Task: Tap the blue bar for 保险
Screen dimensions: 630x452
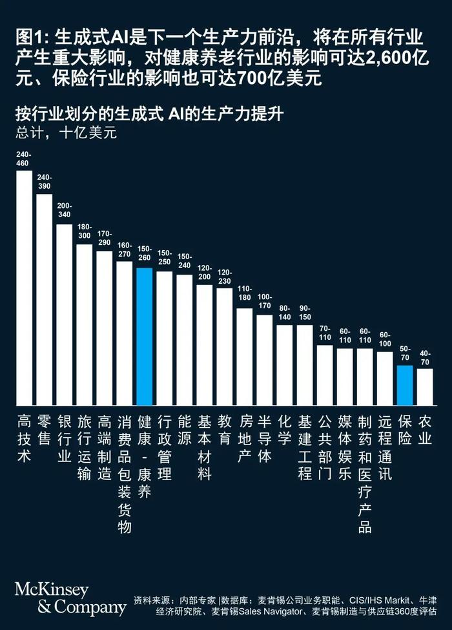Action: pos(404,384)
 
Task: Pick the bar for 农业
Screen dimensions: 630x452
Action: pos(424,385)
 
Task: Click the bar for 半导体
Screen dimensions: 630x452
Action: pos(264,358)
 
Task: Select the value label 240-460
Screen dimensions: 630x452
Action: pos(24,159)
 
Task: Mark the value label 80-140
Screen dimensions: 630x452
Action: pos(284,313)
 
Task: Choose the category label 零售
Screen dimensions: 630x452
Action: pos(44,430)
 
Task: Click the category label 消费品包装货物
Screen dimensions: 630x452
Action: pos(124,474)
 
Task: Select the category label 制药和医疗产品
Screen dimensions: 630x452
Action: pos(364,474)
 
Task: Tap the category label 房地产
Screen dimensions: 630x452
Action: pos(244,439)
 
